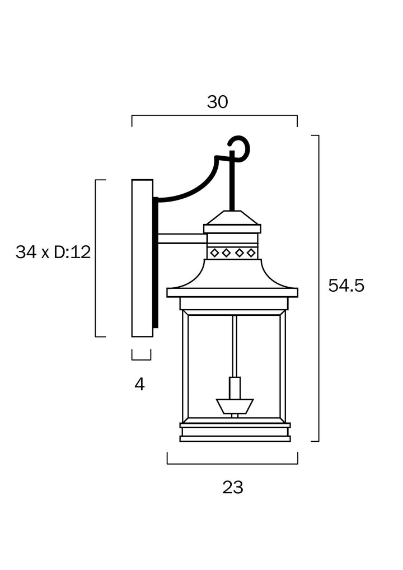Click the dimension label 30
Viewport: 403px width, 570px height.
(217, 102)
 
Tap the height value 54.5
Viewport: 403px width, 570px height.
(346, 286)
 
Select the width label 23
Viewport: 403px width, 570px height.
(233, 487)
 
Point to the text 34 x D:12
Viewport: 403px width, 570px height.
(53, 252)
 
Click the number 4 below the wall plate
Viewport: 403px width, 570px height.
(139, 384)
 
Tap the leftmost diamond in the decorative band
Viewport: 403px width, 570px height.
(214, 253)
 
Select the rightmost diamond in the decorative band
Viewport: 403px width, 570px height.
(251, 253)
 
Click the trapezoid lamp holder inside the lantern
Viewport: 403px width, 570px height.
(235, 407)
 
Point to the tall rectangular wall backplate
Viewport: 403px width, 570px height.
(142, 258)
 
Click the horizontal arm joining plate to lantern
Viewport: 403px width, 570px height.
(182, 239)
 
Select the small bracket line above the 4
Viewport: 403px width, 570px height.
(141, 355)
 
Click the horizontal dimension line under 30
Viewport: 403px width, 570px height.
(214, 115)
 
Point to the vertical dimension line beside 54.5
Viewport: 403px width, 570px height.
(318, 288)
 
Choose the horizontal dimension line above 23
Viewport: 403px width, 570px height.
(233, 464)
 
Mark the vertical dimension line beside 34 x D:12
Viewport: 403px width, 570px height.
(96, 258)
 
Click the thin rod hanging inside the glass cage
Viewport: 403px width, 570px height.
(235, 346)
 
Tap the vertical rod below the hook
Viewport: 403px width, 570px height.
(232, 182)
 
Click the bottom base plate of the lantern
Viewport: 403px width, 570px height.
(235, 439)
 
